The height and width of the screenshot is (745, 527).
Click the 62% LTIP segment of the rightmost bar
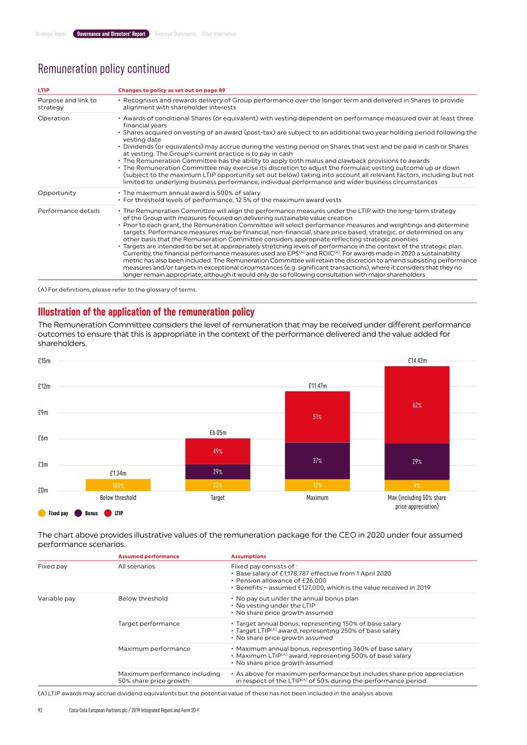point(417,405)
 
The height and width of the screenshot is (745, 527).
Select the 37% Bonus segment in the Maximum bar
point(317,461)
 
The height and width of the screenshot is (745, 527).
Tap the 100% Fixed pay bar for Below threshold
point(118,485)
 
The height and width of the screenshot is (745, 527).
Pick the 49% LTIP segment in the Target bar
point(217,451)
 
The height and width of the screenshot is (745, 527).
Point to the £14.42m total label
point(417,360)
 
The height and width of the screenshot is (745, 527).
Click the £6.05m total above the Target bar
point(217,432)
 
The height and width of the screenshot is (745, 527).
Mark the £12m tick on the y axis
point(44,386)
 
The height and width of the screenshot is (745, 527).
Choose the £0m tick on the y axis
point(43,490)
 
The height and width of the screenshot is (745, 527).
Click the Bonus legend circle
point(78,513)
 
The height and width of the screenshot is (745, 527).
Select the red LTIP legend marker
point(108,513)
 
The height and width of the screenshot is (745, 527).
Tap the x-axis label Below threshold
point(118,497)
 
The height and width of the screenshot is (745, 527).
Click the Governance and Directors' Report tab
point(111,34)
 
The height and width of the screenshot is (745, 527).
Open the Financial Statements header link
point(175,34)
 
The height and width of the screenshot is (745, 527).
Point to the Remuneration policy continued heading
point(104,69)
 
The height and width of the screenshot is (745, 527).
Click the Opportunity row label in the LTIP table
point(57,193)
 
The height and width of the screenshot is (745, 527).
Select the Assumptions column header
point(248,556)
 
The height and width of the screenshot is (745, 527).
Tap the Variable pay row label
point(56,598)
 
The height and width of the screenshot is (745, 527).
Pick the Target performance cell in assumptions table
point(149,623)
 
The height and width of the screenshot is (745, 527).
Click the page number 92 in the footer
point(40,710)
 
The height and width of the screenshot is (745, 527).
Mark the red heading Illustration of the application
point(146,312)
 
